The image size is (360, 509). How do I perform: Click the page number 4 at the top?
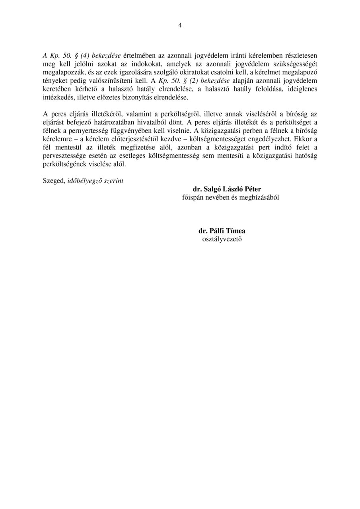click(180, 25)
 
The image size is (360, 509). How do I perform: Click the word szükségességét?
click(296, 64)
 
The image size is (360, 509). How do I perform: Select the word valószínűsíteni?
click(111, 80)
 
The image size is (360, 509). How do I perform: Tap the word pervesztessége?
click(65, 155)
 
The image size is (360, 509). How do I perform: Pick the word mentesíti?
click(227, 155)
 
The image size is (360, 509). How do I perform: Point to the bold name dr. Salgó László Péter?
click(227, 189)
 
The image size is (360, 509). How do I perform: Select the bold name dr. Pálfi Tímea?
click(222, 231)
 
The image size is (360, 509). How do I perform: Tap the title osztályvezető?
click(222, 239)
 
